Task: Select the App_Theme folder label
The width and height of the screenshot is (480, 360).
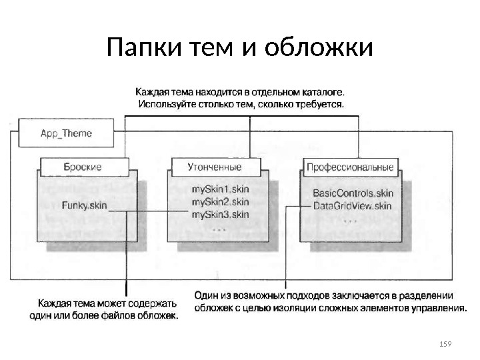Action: coord(67,133)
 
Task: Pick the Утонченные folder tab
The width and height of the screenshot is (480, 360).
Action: coord(215,167)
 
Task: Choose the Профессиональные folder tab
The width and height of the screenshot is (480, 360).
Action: coord(350,167)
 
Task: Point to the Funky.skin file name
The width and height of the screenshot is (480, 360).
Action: coord(85,205)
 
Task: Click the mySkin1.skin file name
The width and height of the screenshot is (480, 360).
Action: coord(220,190)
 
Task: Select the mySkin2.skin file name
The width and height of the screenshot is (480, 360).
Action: coord(220,201)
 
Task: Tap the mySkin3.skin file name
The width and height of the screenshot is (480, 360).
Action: coord(220,214)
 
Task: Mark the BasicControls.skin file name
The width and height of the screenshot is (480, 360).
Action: coord(352,193)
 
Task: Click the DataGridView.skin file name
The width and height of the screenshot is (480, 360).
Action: coord(352,205)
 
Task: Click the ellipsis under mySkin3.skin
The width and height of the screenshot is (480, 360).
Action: coord(219,227)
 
